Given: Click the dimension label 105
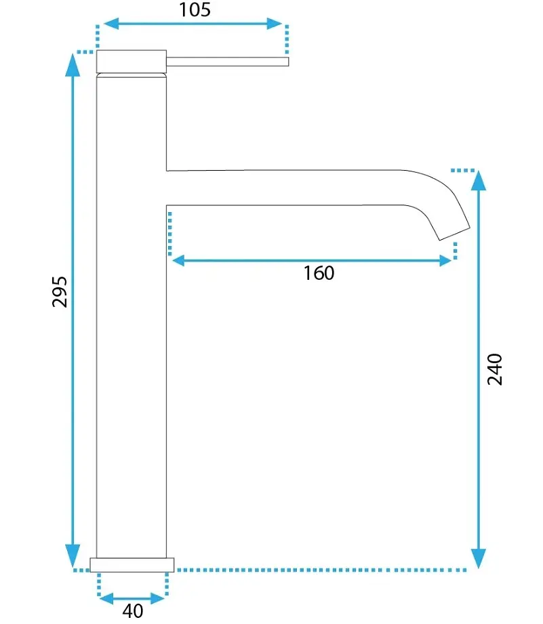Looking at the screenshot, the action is tap(195, 9).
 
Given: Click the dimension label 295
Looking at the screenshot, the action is tap(60, 292).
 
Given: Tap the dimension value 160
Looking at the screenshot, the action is tap(319, 273).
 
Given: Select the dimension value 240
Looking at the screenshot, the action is tap(495, 369).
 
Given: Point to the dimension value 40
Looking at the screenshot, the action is tap(133, 611).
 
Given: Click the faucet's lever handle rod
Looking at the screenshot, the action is tap(227, 62).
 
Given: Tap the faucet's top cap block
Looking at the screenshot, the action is tap(132, 62).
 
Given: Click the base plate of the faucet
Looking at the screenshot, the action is tap(132, 564).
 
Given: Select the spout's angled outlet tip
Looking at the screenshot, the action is tap(455, 234).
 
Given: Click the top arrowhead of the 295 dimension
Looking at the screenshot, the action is tap(73, 64).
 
